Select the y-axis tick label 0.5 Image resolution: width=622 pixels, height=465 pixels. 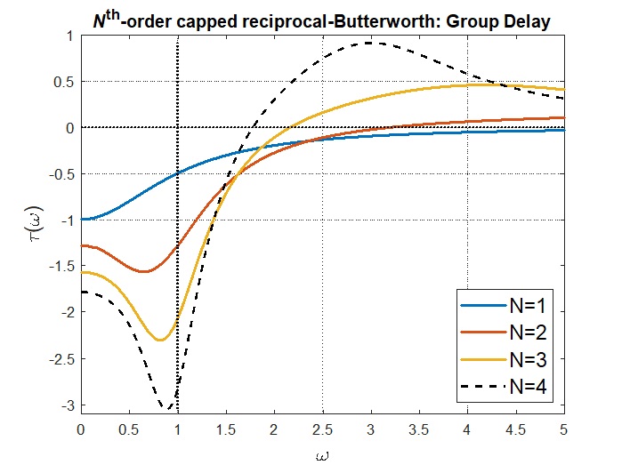tap(63, 82)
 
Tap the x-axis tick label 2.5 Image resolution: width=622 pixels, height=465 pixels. tap(323, 429)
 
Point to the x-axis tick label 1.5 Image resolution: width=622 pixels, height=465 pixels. tap(226, 429)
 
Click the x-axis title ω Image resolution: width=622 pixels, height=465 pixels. tap(323, 453)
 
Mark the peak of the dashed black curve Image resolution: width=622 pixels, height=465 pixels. tap(369, 43)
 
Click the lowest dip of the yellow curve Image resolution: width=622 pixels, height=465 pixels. tap(160, 340)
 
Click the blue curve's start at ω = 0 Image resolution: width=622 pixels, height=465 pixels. tap(82, 219)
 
